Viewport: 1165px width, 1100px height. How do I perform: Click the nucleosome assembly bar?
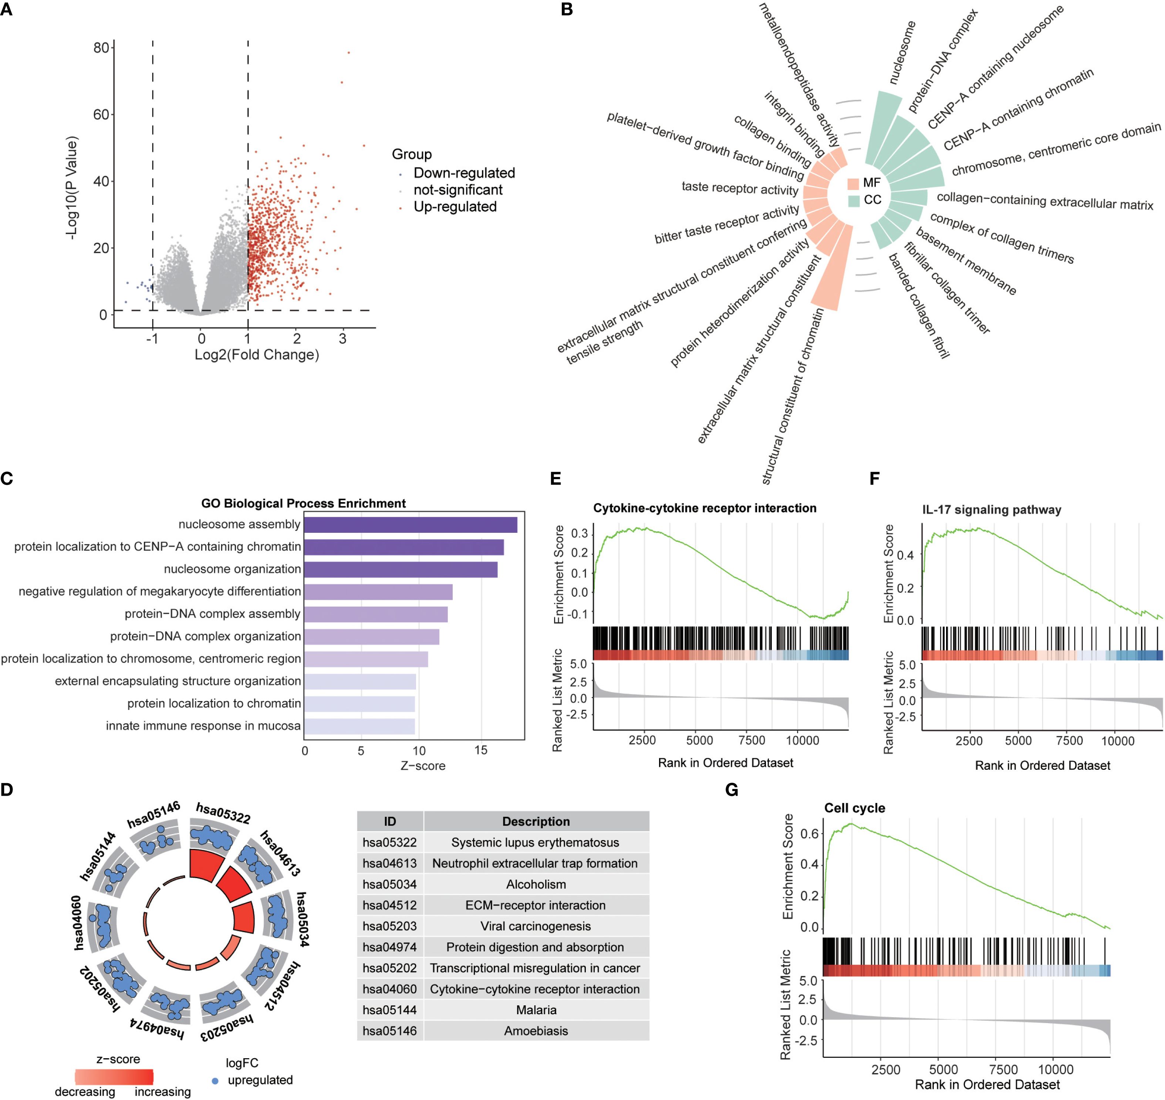[x=410, y=525]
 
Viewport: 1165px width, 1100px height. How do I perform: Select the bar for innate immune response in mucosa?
[x=359, y=727]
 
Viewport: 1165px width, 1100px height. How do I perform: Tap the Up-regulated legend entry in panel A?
[x=455, y=207]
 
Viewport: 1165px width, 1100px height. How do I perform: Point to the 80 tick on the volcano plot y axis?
[x=101, y=47]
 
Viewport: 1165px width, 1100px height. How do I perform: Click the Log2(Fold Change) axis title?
[x=257, y=355]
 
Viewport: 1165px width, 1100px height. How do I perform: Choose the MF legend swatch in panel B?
[x=854, y=183]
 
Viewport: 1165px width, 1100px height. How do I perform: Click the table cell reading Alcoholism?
[x=536, y=884]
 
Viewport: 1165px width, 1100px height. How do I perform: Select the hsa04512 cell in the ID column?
[x=389, y=906]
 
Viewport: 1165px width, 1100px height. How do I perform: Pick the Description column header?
[x=536, y=822]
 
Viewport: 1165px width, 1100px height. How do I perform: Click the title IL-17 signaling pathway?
[x=992, y=510]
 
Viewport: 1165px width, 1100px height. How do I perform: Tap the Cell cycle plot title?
[x=854, y=808]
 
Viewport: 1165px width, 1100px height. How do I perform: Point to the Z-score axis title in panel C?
[x=422, y=766]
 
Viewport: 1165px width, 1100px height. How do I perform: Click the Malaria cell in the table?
[x=536, y=1010]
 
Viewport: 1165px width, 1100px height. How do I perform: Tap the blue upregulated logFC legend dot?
[x=215, y=1081]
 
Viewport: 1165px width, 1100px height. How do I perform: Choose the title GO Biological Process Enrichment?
[x=303, y=503]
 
